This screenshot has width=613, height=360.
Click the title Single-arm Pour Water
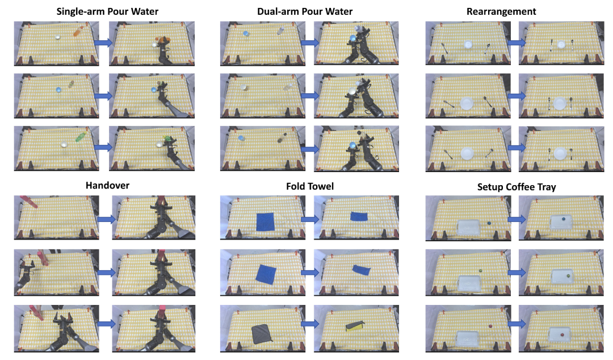click(107, 11)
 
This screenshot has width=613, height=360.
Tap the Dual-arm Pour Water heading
click(305, 11)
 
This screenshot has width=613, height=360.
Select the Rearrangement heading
click(501, 12)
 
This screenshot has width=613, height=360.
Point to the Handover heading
click(107, 185)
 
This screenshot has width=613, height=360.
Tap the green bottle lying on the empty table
click(81, 137)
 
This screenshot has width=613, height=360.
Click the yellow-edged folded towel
click(355, 325)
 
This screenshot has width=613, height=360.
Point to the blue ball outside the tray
click(489, 223)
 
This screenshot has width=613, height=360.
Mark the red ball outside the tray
click(489, 325)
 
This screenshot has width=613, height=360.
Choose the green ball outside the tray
click(480, 270)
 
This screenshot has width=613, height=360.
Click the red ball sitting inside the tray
click(562, 334)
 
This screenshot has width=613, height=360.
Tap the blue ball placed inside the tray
click(563, 219)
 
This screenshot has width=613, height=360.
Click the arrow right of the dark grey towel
click(310, 324)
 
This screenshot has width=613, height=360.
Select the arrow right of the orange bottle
click(103, 42)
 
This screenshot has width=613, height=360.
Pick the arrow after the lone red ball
click(517, 324)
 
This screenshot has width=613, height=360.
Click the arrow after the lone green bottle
click(103, 147)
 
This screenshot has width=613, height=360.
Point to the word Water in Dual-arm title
click(339, 11)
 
